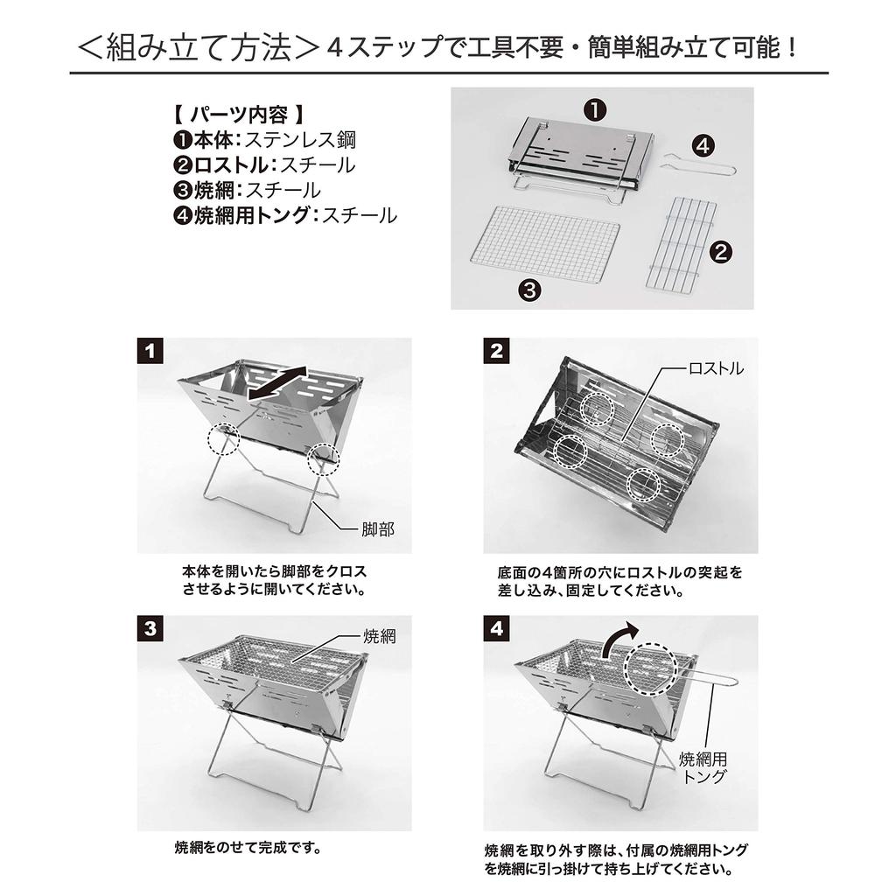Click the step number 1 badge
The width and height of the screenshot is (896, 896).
point(151,352)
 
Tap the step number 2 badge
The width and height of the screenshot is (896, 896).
point(496,352)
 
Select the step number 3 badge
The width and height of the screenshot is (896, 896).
point(151,629)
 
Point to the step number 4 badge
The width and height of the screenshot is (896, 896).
point(496,629)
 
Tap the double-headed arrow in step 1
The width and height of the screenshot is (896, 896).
point(279,386)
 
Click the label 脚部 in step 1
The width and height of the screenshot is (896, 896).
point(378,529)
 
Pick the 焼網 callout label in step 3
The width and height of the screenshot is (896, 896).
point(379,636)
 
